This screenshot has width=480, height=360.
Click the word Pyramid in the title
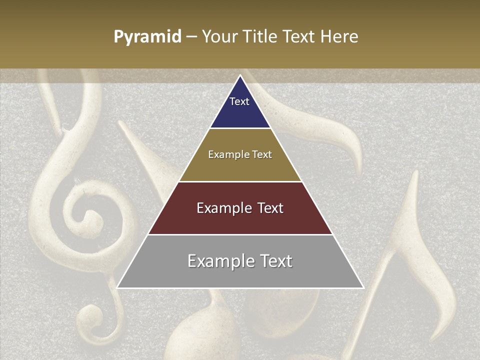pyautogui.click(x=147, y=36)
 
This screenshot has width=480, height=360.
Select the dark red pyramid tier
pyautogui.click(x=240, y=220)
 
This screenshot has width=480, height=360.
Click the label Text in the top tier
pyautogui.click(x=239, y=101)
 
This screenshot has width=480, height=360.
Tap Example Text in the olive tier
pyautogui.click(x=240, y=154)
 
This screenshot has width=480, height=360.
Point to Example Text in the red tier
pyautogui.click(x=240, y=208)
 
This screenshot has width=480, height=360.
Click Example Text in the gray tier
pyautogui.click(x=240, y=261)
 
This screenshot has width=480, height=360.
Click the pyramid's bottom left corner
pyautogui.click(x=118, y=287)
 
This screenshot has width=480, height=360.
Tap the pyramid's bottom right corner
pyautogui.click(x=363, y=287)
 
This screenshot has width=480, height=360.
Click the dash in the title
pyautogui.click(x=191, y=36)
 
